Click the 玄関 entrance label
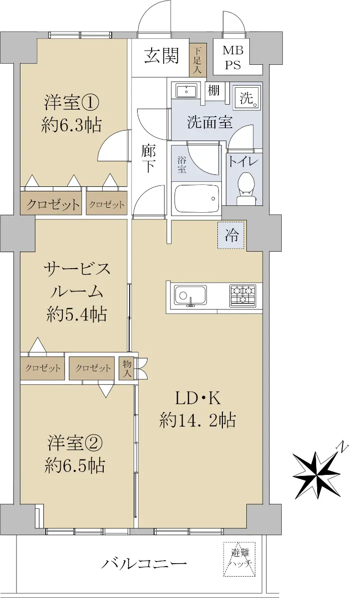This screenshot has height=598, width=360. (162, 55)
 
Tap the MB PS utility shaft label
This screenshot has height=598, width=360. (233, 58)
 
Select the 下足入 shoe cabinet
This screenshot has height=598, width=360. (197, 60)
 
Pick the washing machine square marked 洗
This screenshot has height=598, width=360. (246, 98)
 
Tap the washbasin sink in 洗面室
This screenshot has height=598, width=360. (186, 91)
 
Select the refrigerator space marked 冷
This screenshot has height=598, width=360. (231, 235)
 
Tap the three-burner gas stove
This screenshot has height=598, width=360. (242, 295)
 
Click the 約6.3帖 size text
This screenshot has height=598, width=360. (72, 125)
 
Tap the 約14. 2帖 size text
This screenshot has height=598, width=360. (197, 420)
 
